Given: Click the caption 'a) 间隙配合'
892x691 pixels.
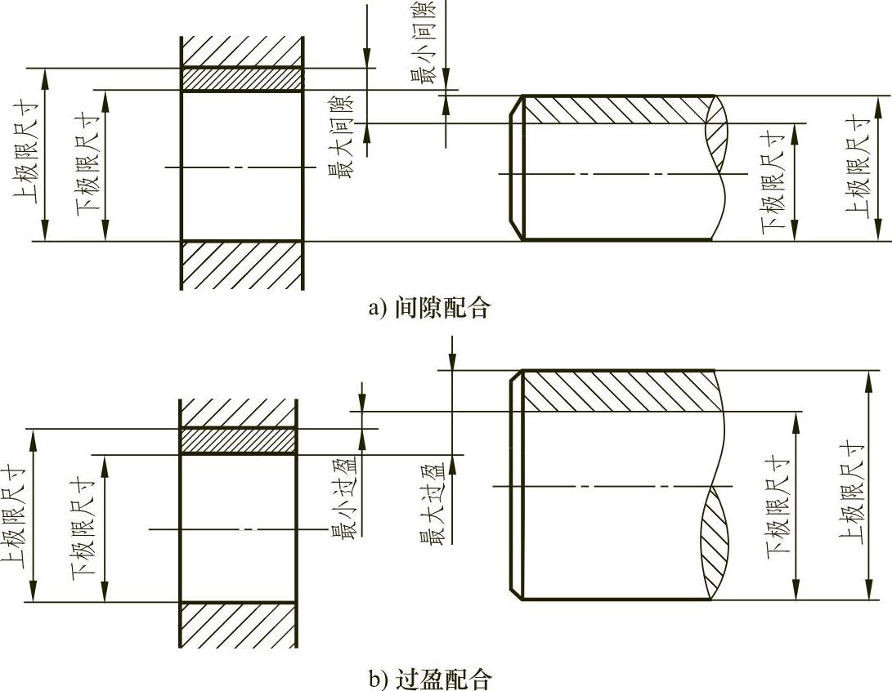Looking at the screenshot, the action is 430,308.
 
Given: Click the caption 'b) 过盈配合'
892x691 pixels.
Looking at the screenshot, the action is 430,677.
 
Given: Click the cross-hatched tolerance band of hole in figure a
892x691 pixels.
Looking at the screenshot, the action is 241,79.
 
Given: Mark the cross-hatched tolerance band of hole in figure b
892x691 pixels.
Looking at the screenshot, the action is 238,441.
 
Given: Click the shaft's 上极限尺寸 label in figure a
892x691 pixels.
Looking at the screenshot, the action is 856,168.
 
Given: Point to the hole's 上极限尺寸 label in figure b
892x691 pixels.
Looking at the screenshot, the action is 11,515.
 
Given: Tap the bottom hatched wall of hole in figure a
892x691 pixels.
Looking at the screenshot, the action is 241,265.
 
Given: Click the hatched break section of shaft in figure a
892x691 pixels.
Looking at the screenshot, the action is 716,131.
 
